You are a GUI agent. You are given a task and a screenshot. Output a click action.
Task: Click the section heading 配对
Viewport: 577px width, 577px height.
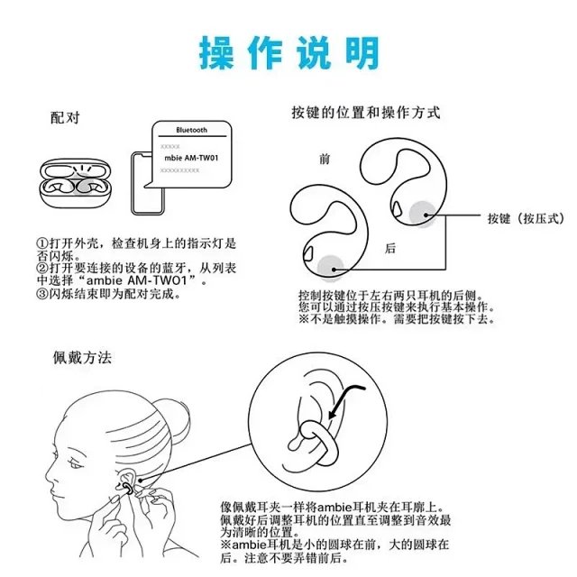click(x=67, y=118)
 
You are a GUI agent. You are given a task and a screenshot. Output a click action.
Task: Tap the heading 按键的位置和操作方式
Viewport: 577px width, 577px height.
click(x=365, y=114)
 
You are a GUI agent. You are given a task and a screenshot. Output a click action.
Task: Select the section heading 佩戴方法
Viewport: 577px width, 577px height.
click(x=81, y=358)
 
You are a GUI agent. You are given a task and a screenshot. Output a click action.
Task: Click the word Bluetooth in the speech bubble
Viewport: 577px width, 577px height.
click(x=191, y=130)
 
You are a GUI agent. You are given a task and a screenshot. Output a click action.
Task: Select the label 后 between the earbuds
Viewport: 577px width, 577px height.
click(x=390, y=248)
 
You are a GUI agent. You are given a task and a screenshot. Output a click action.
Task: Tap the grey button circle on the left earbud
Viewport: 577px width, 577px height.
click(x=330, y=264)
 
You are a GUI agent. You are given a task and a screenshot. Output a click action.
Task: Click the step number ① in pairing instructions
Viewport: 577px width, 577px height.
click(x=41, y=244)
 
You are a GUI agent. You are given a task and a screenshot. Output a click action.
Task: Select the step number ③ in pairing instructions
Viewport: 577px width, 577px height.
click(x=41, y=293)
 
